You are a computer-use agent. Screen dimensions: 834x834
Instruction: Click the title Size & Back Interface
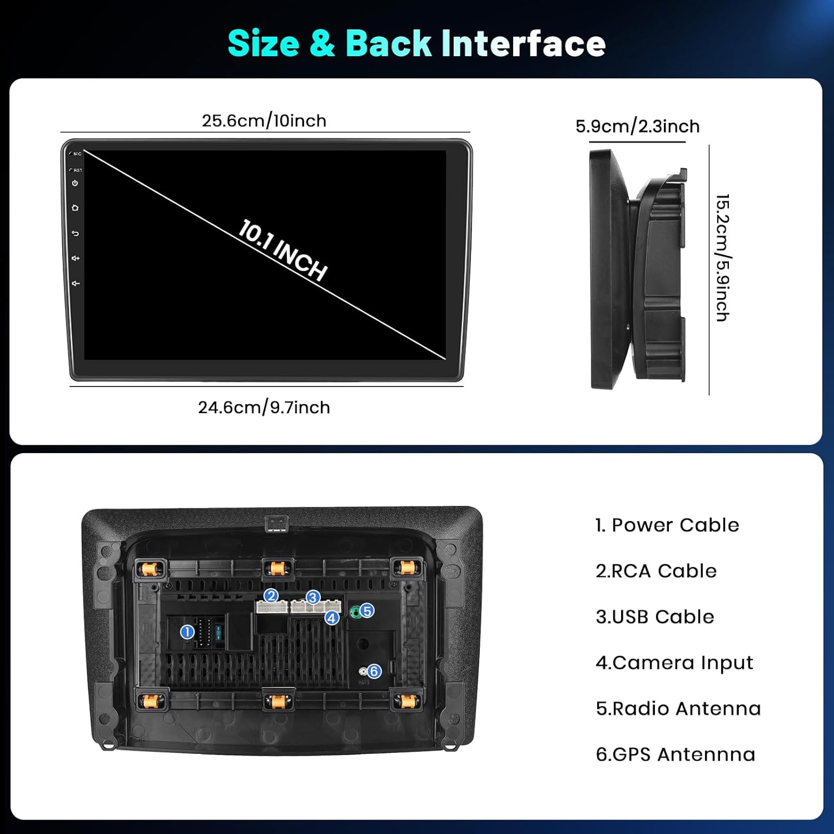tap(416, 43)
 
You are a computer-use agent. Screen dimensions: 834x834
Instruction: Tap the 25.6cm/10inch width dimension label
tap(264, 121)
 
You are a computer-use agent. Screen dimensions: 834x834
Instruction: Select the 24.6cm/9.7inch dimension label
tap(264, 408)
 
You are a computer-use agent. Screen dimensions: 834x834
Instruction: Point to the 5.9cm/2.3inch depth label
tap(637, 126)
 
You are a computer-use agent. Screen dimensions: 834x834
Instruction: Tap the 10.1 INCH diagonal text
tap(282, 250)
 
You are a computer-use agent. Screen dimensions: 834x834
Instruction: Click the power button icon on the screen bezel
tap(75, 183)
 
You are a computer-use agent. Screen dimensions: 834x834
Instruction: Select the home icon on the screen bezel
tap(75, 208)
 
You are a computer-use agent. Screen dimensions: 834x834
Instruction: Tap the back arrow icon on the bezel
tap(75, 234)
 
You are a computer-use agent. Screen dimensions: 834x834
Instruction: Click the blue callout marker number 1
tap(187, 632)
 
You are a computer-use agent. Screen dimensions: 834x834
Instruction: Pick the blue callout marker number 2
tap(271, 596)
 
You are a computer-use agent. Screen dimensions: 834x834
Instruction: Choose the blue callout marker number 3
tap(313, 598)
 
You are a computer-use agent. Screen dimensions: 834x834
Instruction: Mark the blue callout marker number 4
tap(332, 618)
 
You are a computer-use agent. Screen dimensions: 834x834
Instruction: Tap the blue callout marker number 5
tap(367, 610)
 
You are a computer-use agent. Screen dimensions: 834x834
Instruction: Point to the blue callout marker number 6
tap(374, 671)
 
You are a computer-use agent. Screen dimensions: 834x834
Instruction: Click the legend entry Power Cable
tap(667, 525)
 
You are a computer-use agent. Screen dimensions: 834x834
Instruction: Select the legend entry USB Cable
tap(655, 617)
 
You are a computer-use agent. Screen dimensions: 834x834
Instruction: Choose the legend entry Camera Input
tap(674, 663)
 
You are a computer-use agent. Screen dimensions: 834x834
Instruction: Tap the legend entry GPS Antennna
tap(676, 754)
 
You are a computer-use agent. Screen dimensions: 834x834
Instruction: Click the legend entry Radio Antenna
tap(678, 708)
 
